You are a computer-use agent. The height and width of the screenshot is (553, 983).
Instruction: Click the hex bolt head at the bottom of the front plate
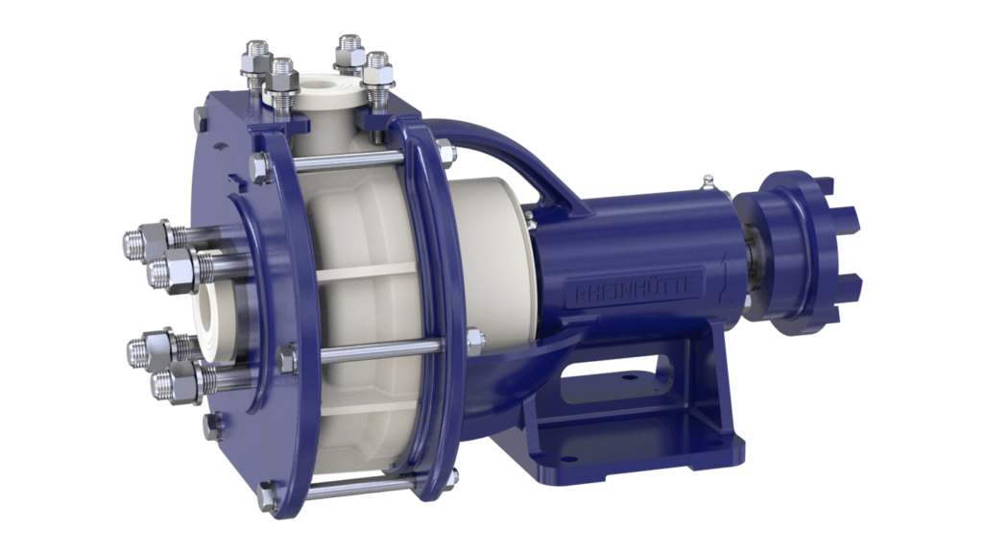(268, 496)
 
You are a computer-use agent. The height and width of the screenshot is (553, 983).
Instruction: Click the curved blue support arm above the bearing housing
(509, 163)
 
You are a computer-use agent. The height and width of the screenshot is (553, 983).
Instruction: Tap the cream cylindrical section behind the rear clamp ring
(490, 250)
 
